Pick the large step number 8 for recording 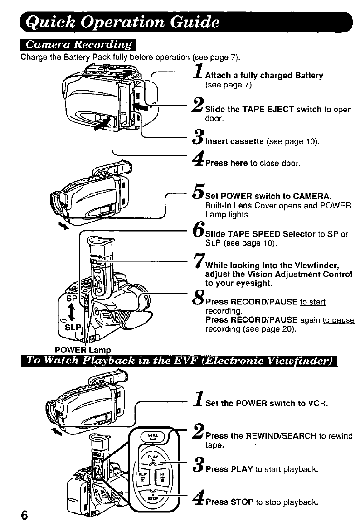click(x=198, y=299)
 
